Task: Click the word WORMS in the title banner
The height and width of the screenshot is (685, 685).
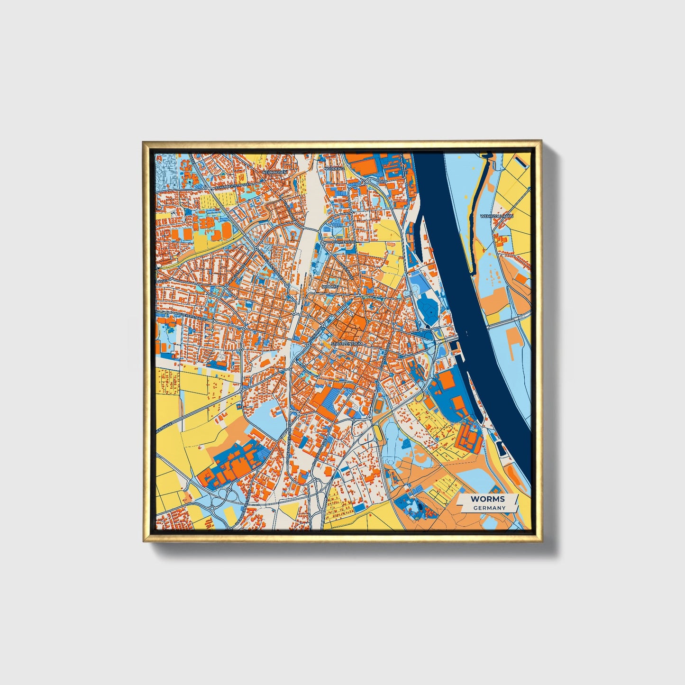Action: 487,499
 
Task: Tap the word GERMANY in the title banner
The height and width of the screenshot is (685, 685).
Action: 489,508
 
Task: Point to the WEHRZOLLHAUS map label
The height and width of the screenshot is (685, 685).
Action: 496,216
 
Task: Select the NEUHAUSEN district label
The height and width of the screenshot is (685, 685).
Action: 274,172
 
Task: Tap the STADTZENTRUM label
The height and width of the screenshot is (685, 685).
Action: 347,343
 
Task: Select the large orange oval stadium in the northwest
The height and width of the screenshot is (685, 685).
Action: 227,230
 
